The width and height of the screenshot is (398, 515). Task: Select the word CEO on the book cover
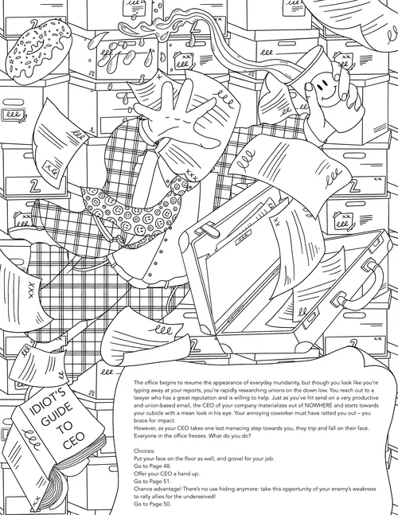(74, 440)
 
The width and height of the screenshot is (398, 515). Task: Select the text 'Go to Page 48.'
(152, 466)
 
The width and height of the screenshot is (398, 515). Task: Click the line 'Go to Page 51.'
(152, 481)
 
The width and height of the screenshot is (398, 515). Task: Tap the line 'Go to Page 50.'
(152, 504)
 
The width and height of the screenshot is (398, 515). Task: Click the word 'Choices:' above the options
(144, 451)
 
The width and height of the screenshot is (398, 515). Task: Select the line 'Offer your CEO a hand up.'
(166, 474)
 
